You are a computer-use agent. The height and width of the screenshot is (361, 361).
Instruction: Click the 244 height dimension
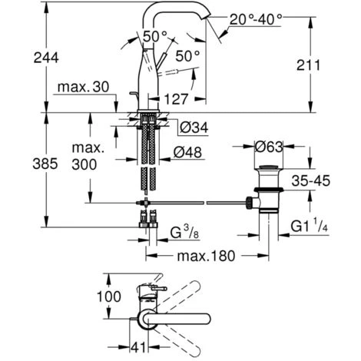tap(46, 58)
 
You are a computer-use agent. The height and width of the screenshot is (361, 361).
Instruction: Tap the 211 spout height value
tap(308, 65)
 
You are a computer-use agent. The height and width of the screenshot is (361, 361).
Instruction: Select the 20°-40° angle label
tap(256, 19)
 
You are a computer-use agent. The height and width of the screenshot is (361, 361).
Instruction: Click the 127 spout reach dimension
tap(176, 99)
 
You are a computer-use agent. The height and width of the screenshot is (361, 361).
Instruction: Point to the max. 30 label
tap(84, 88)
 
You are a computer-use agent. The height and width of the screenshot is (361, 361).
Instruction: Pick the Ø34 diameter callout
tap(194, 128)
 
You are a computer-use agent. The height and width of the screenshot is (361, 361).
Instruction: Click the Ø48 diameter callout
tap(187, 153)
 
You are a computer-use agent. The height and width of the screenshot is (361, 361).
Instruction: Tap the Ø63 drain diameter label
tap(269, 147)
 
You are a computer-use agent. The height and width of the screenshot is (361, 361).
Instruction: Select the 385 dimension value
tap(45, 164)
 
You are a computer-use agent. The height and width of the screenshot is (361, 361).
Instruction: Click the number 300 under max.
tap(84, 164)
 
